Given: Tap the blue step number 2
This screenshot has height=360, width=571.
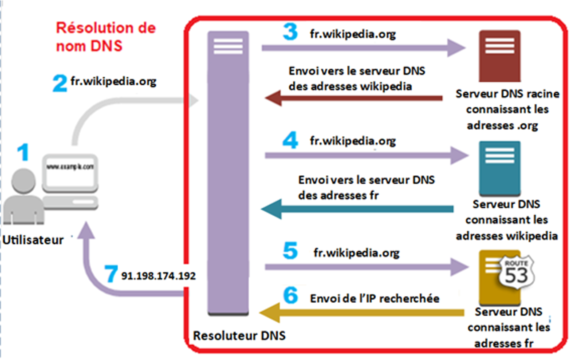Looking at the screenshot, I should (59, 83).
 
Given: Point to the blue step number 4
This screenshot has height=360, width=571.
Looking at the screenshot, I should (290, 142).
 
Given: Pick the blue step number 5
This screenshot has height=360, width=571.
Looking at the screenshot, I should (290, 251).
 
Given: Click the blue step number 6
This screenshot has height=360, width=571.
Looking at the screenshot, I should (291, 296).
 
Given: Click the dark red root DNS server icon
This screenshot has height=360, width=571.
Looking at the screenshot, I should (499, 55).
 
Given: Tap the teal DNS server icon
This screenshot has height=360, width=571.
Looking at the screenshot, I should (500, 168).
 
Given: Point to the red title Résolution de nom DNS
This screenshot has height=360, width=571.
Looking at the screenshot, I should (106, 37).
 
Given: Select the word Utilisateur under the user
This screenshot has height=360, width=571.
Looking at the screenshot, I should (33, 240).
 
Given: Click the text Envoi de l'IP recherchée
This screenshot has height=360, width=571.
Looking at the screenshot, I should (374, 298).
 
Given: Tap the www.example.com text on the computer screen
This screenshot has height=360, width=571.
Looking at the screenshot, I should (71, 167).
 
